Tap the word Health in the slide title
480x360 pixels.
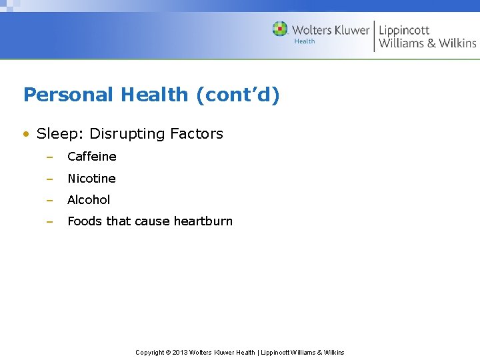click(155, 95)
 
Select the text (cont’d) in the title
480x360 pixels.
click(238, 95)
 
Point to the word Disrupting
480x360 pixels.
click(127, 134)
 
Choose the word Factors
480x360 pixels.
click(197, 133)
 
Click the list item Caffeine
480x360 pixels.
click(92, 157)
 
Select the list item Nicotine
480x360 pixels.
click(91, 179)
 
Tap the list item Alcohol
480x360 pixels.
click(89, 200)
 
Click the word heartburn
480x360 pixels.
click(203, 221)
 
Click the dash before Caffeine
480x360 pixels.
click(49, 157)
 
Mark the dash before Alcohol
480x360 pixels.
click(49, 200)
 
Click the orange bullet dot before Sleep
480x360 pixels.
click(26, 134)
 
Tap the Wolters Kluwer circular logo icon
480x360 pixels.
click(280, 29)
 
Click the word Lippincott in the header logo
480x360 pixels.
click(404, 30)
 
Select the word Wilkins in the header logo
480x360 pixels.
click(457, 43)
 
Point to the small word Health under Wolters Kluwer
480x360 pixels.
click(305, 41)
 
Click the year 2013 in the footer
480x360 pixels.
click(180, 353)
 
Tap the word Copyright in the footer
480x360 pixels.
click(150, 353)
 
